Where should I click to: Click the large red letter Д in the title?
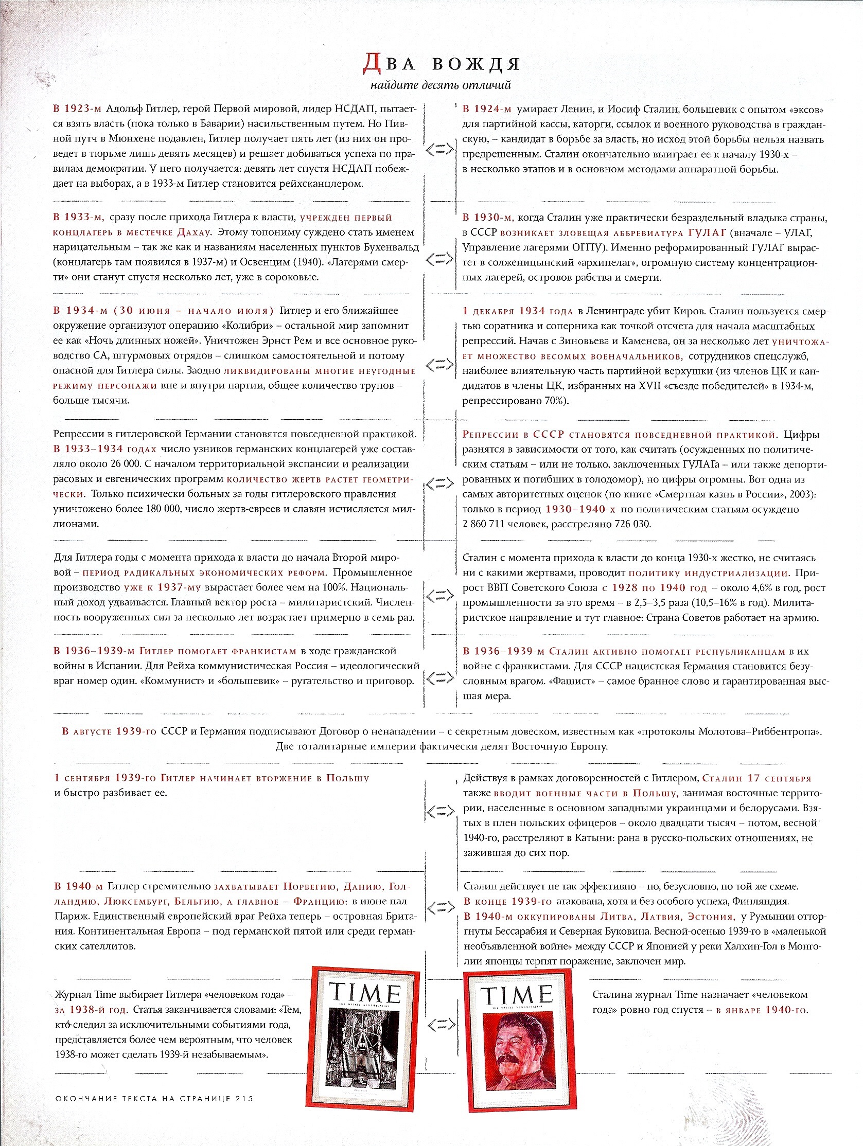[372, 63]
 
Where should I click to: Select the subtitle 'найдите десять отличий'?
[441, 85]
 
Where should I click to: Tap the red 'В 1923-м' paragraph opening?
[77, 109]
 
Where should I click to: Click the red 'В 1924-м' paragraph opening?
[487, 109]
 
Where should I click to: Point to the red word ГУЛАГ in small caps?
[708, 232]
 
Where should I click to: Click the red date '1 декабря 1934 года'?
[517, 311]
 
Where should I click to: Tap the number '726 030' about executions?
[632, 524]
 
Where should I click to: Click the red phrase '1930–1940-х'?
[580, 509]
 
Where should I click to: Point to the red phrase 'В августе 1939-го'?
[109, 731]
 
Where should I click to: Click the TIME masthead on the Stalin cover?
[517, 994]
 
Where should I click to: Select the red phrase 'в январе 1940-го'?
[762, 1010]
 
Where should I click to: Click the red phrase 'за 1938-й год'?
[91, 1010]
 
